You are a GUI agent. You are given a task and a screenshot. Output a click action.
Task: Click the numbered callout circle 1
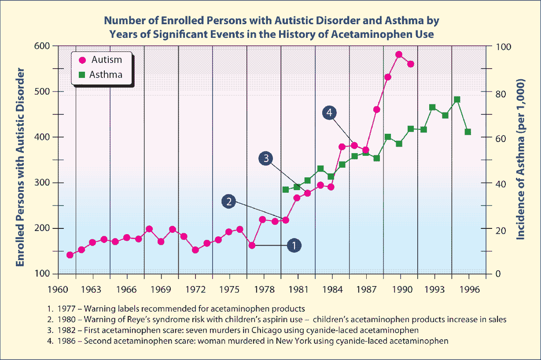294,245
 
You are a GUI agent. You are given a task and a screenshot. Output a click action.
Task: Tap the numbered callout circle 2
229,202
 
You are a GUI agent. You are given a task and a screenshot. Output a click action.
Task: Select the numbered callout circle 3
266,158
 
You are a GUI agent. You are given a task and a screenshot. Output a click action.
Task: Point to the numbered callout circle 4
329,113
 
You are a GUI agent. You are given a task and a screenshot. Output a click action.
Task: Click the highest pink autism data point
399,55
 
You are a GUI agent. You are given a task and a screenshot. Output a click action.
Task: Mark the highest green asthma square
457,99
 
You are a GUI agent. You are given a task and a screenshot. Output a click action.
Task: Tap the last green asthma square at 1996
468,132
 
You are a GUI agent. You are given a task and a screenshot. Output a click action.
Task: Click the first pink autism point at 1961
70,255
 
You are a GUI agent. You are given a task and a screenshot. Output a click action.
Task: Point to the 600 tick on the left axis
43,46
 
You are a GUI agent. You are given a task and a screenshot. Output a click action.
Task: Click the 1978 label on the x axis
264,290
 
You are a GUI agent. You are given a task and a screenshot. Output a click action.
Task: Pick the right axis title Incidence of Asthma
521,159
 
